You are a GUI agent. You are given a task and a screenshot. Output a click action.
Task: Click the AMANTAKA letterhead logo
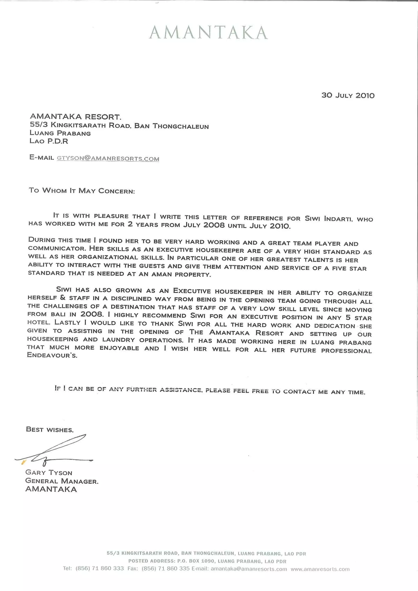pos(208,33)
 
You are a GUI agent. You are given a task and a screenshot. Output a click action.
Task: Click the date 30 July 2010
pos(348,96)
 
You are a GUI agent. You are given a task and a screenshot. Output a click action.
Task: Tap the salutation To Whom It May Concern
pos(82,191)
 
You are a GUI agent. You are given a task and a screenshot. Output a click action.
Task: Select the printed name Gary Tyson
pos(49,473)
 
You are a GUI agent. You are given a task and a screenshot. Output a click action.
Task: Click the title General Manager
pos(62,481)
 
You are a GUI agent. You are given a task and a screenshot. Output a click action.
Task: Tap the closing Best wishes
pos(50,430)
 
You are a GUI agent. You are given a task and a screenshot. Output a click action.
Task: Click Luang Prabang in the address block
pos(60,133)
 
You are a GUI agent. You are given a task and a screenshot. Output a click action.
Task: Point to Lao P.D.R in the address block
pos(49,141)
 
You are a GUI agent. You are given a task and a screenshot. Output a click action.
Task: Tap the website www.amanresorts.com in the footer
pos(320,569)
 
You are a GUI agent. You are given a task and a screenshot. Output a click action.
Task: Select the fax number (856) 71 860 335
pos(166,568)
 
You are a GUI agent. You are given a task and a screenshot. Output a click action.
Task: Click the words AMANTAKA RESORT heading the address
pos(75,117)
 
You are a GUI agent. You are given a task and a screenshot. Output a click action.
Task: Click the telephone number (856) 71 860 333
pos(100,568)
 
